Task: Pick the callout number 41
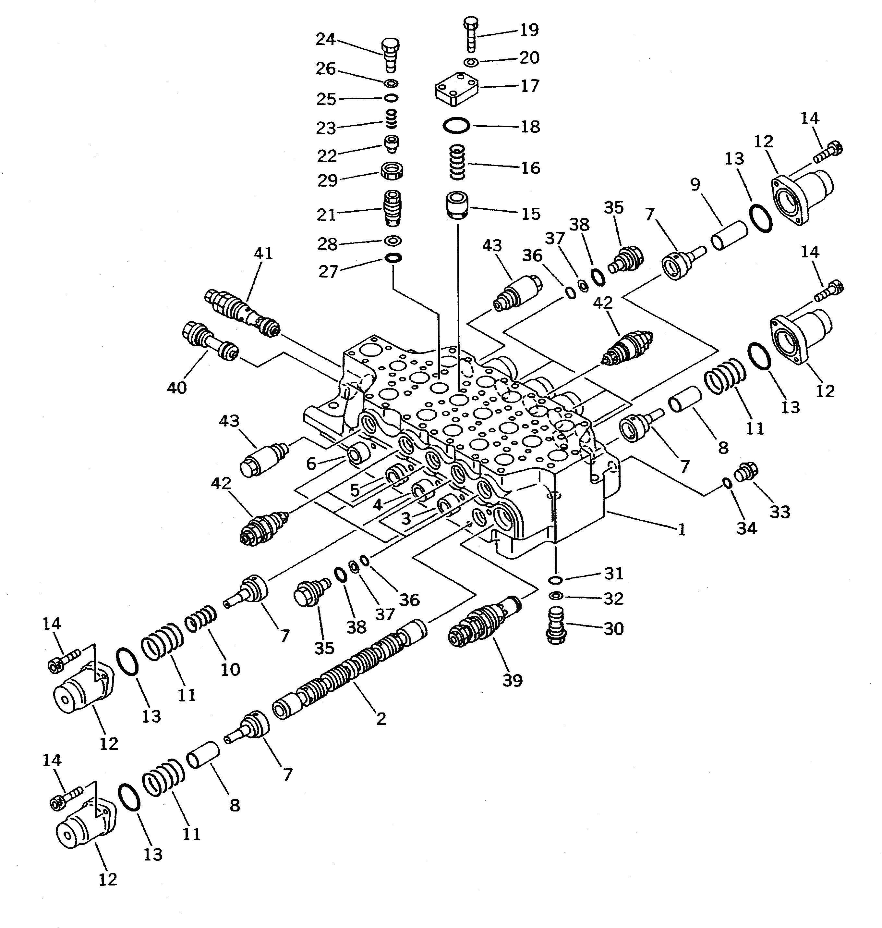pos(263,254)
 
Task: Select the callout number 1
pos(681,530)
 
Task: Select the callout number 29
pos(327,180)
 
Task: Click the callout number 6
pos(311,464)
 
